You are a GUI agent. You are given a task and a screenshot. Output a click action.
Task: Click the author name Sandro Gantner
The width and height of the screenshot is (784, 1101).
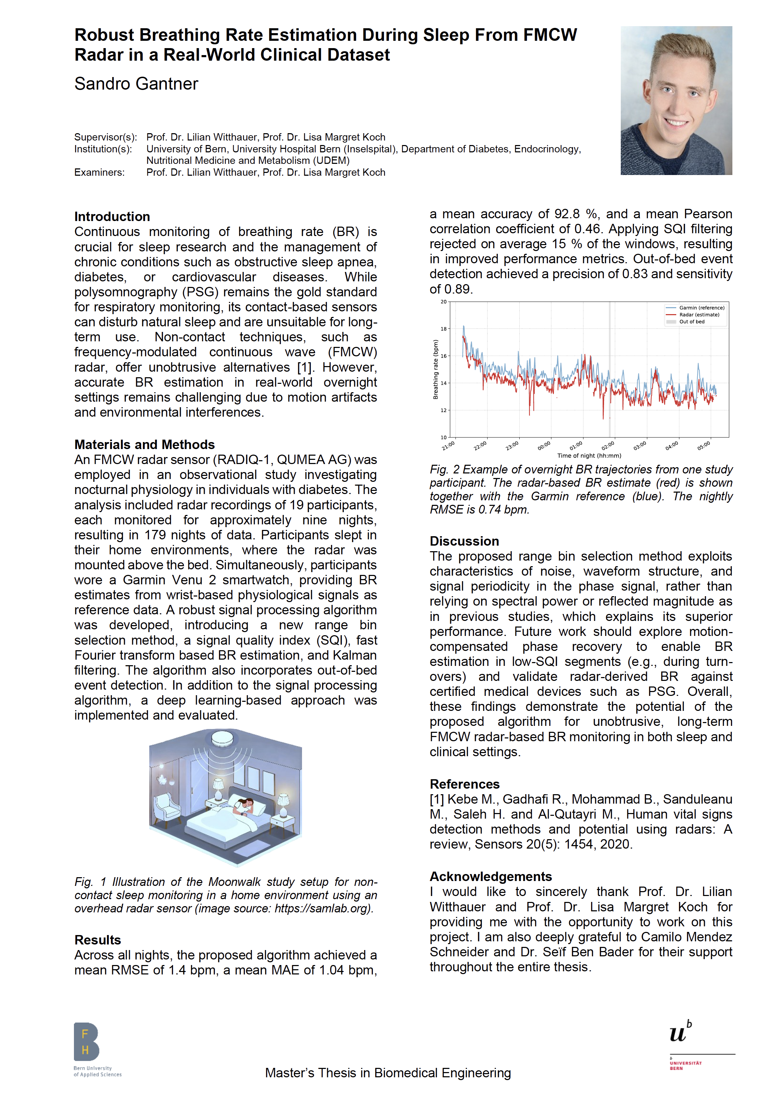click(x=136, y=84)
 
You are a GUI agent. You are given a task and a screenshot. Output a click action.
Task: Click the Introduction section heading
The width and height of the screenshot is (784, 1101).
click(x=112, y=217)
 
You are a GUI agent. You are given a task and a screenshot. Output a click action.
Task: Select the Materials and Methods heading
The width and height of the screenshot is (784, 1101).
click(x=144, y=445)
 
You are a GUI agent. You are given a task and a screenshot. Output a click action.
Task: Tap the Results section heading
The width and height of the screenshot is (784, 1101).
click(x=98, y=940)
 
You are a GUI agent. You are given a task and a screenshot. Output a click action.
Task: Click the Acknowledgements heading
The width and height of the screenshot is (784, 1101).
click(x=490, y=876)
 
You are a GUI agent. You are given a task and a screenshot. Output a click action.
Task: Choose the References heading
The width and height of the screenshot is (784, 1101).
click(x=465, y=784)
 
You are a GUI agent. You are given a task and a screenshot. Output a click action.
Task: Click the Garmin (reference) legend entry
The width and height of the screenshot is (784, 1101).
click(x=701, y=308)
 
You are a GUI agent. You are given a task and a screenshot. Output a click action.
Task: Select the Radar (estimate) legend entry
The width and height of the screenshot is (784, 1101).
click(x=699, y=314)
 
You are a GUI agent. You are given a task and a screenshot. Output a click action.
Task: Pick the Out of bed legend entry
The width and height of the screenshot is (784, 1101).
click(x=691, y=322)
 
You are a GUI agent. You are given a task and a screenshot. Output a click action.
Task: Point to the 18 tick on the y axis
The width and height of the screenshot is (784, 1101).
click(x=444, y=328)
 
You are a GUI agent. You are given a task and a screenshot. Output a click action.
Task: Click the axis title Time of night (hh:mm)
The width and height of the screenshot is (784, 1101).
click(x=589, y=455)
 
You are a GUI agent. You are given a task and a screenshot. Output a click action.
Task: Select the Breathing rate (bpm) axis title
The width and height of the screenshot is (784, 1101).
click(x=436, y=370)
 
